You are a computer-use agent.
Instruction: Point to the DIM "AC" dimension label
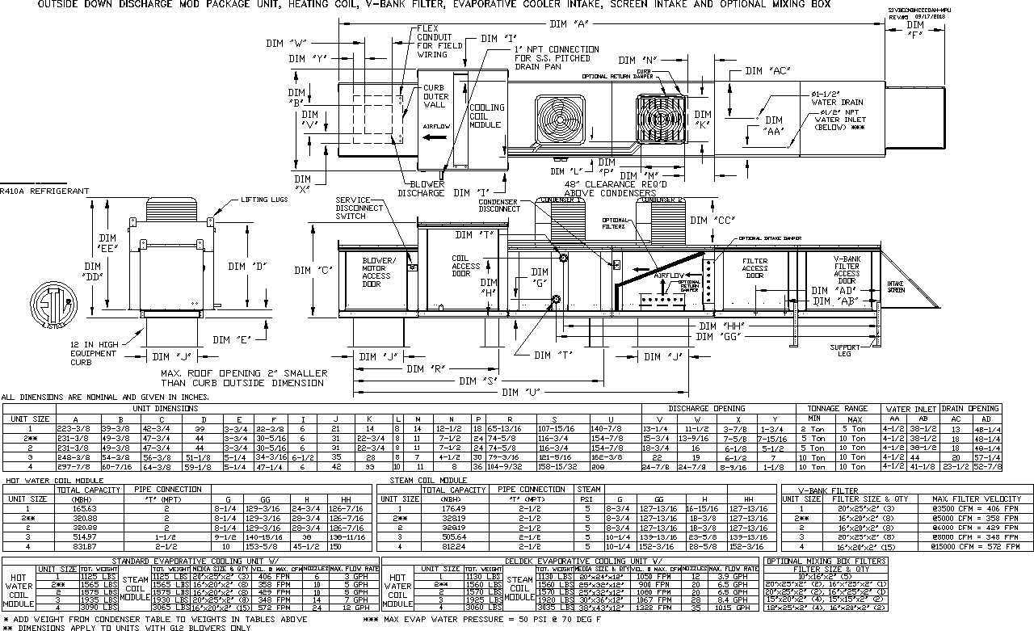[767, 71]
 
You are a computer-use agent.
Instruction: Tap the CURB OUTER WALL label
[435, 96]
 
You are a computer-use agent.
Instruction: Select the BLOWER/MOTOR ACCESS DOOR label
[378, 272]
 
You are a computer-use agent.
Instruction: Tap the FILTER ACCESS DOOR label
[754, 268]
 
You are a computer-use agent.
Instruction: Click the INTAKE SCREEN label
[896, 287]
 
